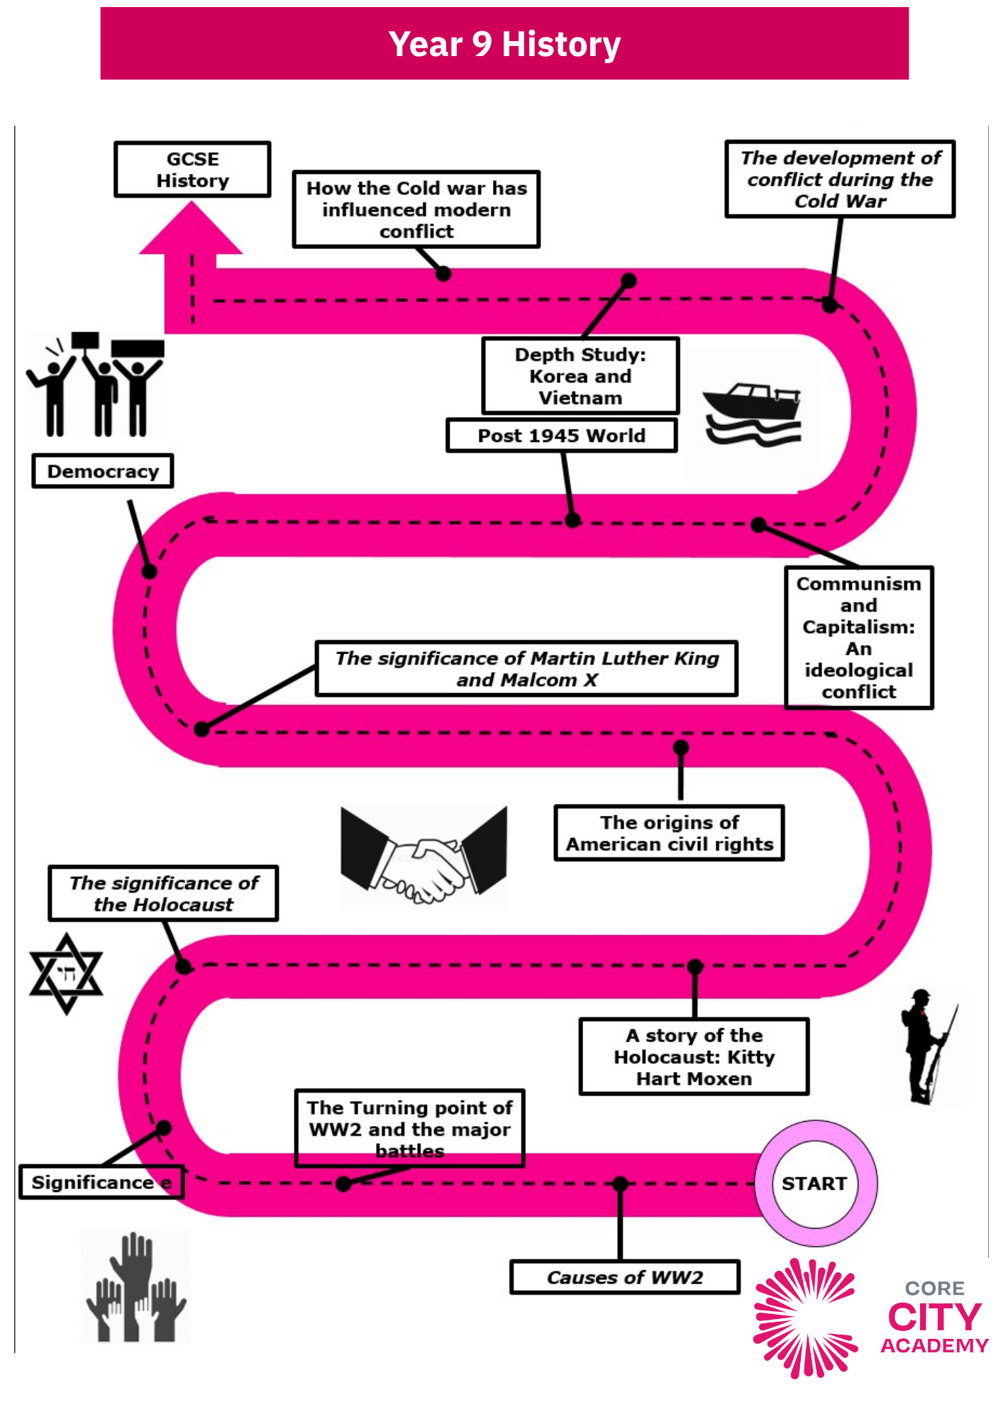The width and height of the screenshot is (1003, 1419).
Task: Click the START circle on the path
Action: click(x=815, y=1183)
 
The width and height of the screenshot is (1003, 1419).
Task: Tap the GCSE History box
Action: click(x=192, y=170)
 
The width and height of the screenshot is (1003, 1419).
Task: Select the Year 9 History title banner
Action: click(x=504, y=43)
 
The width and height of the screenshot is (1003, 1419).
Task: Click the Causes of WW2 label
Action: click(x=625, y=1277)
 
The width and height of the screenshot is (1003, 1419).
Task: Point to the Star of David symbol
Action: click(x=66, y=973)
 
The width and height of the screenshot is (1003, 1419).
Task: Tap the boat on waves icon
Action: click(x=753, y=415)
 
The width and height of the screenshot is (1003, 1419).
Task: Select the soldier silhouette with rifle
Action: click(x=926, y=1047)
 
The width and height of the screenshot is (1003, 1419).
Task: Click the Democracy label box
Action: click(x=103, y=471)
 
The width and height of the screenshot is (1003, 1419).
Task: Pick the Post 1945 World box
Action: click(x=562, y=435)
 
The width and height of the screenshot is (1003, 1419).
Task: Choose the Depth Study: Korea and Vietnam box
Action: click(x=580, y=376)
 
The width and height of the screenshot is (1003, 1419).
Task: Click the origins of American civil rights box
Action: click(x=669, y=833)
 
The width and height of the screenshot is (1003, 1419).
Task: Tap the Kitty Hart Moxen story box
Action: click(x=694, y=1056)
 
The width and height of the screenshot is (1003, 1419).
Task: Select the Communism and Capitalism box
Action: click(x=859, y=637)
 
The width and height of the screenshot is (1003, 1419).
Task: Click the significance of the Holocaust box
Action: click(x=163, y=893)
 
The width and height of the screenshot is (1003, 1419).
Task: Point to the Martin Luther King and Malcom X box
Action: click(x=526, y=668)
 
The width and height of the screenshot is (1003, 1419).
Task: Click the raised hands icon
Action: click(x=135, y=1286)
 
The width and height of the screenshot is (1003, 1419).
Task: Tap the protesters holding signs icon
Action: click(x=95, y=384)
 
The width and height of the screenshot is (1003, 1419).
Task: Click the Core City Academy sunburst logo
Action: click(x=805, y=1318)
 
